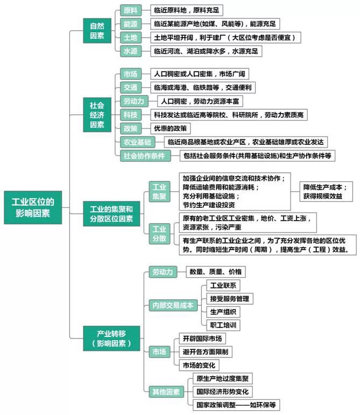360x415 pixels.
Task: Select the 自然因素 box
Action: [x=97, y=31]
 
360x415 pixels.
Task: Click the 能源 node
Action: [x=130, y=24]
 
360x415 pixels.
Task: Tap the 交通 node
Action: [x=130, y=87]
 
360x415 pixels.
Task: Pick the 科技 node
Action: [x=130, y=115]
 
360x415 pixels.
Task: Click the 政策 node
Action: [x=130, y=129]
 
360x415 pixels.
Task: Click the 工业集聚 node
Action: [x=159, y=192]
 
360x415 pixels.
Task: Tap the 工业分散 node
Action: [x=159, y=234]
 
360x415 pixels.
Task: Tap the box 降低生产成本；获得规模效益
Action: [x=327, y=192]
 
